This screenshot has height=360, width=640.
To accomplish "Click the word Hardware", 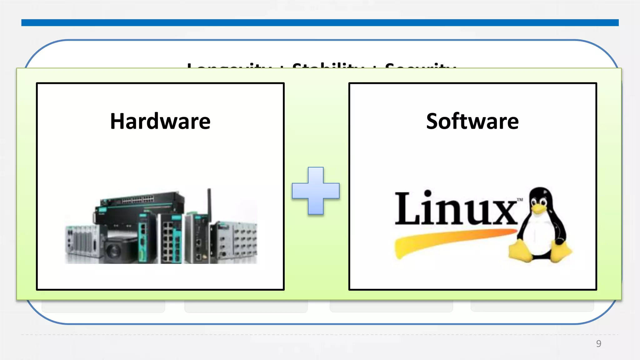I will [160, 121].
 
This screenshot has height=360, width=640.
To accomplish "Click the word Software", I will [472, 121].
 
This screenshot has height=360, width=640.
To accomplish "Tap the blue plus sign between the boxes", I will [316, 191].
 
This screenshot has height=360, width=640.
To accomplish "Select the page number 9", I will [598, 343].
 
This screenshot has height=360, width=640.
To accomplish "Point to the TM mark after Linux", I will [520, 200].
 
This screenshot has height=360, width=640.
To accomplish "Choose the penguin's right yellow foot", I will [561, 252].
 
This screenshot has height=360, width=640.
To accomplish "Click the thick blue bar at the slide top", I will [320, 22].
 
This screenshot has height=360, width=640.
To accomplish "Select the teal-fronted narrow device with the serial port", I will [143, 237].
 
